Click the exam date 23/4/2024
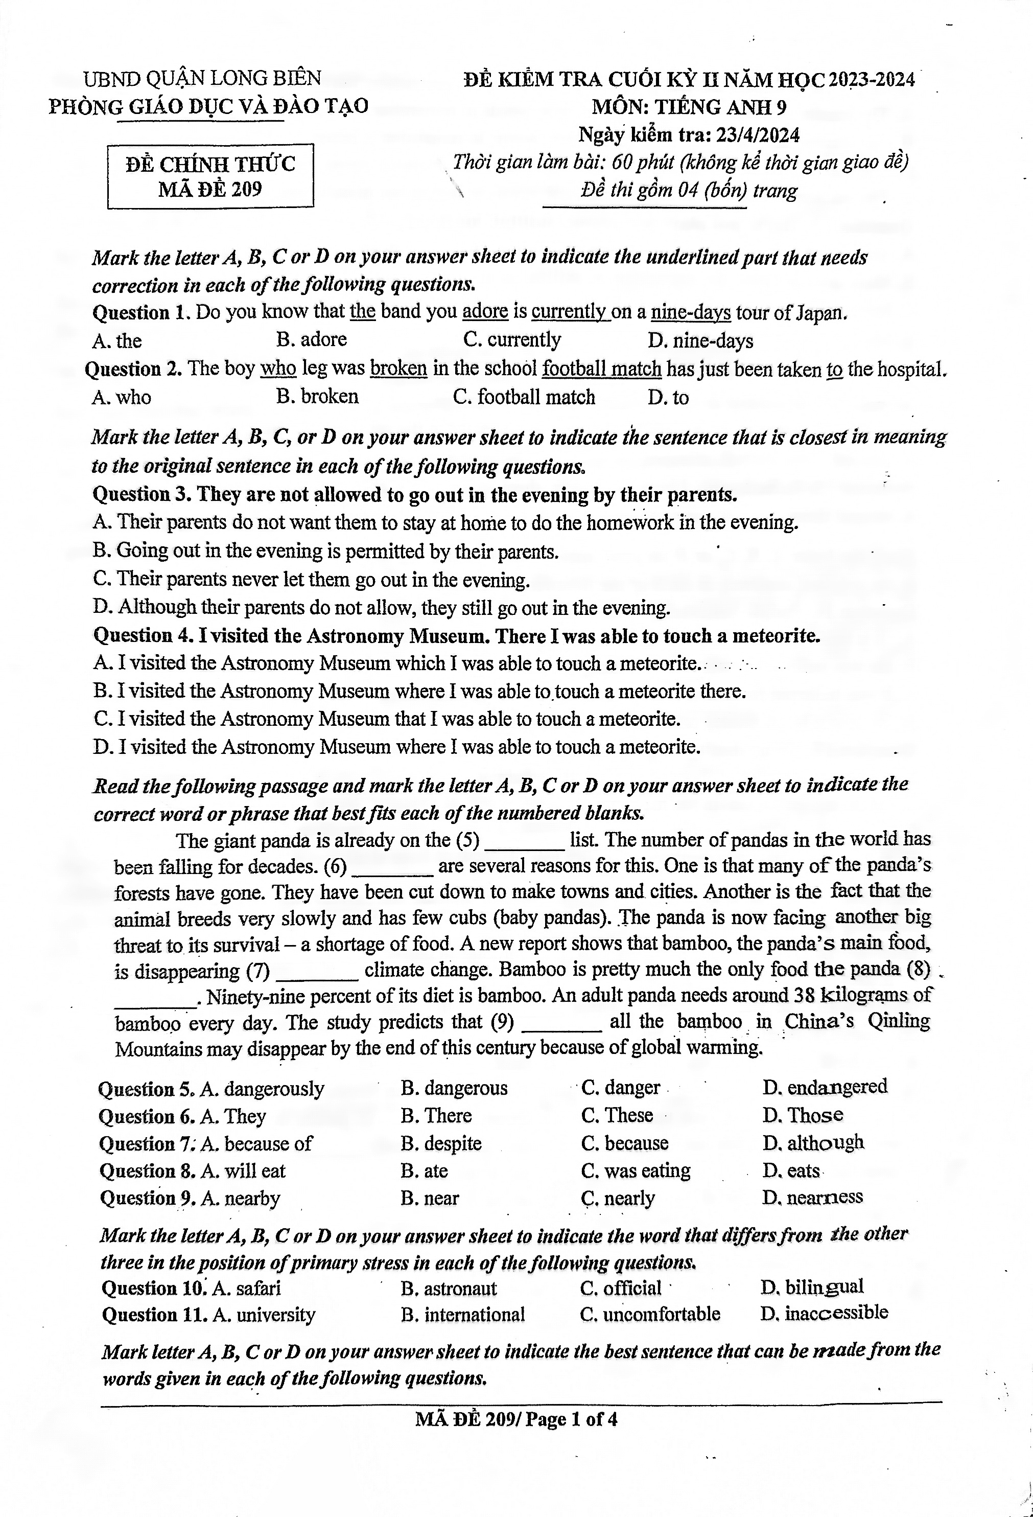tap(757, 135)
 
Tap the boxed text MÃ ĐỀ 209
tap(210, 189)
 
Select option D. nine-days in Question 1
tap(701, 341)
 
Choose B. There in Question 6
tap(436, 1115)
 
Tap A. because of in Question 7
tap(256, 1143)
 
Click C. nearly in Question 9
tap(618, 1199)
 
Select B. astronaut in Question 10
tap(449, 1288)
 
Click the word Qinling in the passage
tap(899, 1022)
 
